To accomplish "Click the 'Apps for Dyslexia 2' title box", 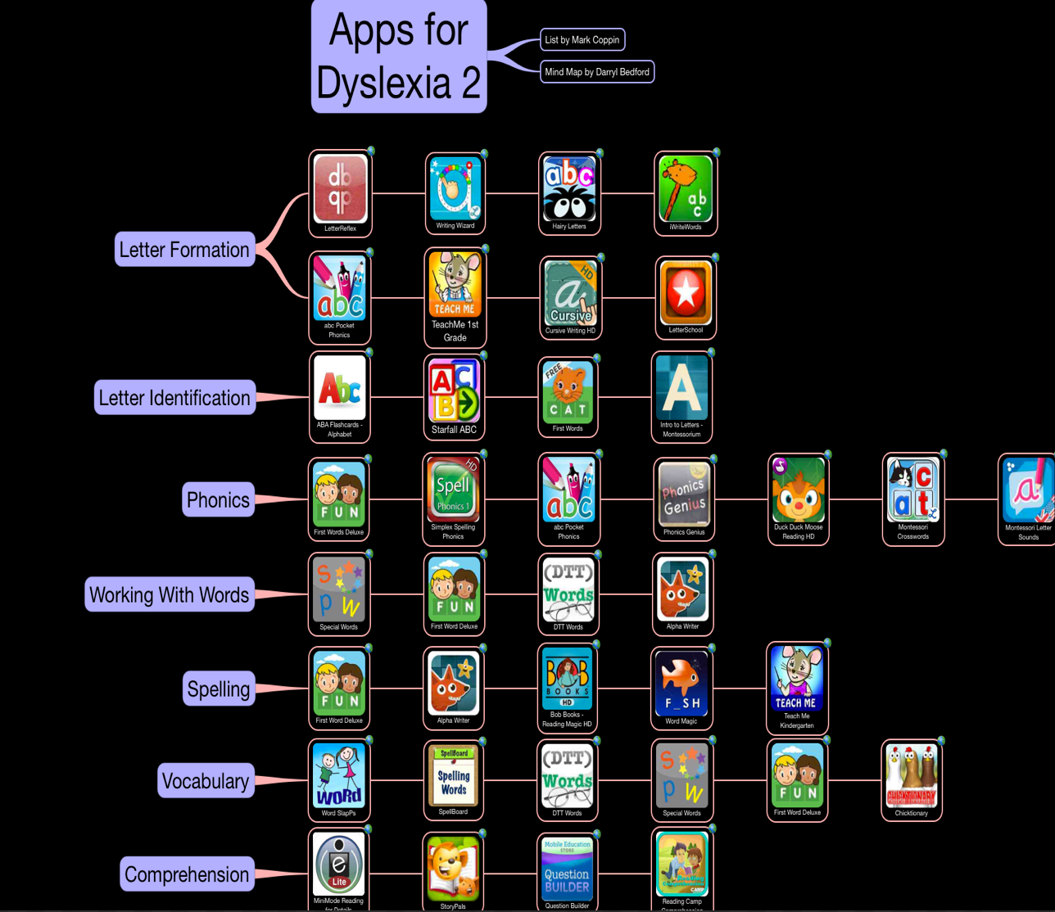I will pos(399,56).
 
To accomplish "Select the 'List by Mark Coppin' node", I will pos(582,39).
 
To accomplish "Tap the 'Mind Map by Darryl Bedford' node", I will pos(597,72).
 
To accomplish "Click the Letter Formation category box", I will pos(184,250).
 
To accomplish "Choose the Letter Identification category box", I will pos(174,398).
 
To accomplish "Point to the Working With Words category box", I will pos(170,594).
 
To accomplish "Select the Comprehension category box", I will pos(187,874).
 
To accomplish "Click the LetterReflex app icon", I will pos(340,188).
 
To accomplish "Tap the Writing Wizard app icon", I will pos(455,188).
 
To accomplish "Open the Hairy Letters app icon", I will pos(569,188).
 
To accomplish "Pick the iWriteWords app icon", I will pos(686,188).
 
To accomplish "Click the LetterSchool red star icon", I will pos(686,292).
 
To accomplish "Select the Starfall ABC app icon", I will pos(454,391).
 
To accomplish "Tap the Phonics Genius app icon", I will pos(684,494).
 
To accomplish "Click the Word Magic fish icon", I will pos(681,684).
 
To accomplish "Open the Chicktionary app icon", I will pos(911,776).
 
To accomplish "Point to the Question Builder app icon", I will pos(567,868).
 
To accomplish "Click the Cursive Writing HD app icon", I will pos(571,293).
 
